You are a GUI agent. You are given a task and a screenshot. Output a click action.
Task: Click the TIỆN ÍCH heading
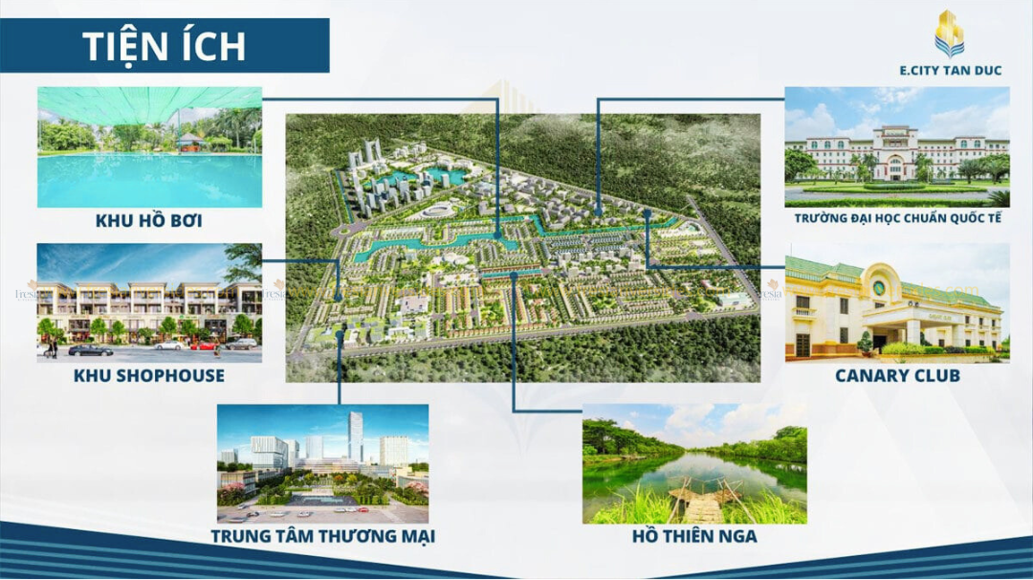pos(164,45)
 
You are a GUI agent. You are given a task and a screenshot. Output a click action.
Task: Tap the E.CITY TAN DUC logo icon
pos(949,33)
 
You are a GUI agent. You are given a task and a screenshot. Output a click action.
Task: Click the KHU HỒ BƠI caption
pos(148,221)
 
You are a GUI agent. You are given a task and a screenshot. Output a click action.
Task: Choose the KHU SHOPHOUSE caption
pos(148,376)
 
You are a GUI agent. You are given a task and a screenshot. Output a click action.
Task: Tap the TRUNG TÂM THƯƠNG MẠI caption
pos(322,537)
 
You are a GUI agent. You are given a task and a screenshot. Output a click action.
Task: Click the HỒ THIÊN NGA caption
pos(694,537)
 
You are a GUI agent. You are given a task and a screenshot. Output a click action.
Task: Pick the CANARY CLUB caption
pos(896,376)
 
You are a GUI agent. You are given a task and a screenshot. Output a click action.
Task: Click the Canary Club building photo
pos(896,301)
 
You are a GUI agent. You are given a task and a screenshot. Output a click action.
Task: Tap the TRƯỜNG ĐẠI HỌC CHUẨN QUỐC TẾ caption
pos(896,219)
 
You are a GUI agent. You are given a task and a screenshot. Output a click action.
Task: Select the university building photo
pos(896,147)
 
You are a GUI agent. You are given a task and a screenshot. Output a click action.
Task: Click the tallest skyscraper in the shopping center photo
pos(356,438)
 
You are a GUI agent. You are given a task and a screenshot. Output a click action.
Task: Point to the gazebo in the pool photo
pos(191,142)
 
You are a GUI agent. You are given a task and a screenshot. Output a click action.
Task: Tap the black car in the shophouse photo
pos(91,349)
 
